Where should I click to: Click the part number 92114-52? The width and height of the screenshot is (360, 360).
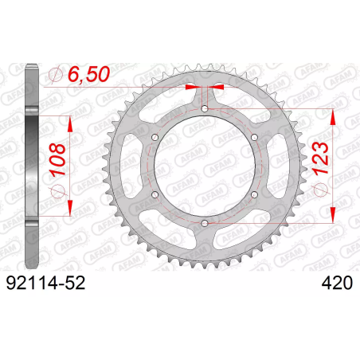(x=45, y=283)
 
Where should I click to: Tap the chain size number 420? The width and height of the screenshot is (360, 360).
(x=337, y=283)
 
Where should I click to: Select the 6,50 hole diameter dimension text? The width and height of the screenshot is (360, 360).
(x=88, y=74)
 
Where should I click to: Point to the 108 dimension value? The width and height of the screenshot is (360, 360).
(x=57, y=160)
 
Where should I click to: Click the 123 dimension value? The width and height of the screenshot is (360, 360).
(x=320, y=158)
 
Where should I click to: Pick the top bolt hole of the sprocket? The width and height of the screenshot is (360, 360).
(x=205, y=108)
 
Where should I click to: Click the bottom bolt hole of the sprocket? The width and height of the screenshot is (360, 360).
(x=205, y=223)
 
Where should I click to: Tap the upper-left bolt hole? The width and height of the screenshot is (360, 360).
(x=155, y=137)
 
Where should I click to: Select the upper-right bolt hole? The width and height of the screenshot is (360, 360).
(x=254, y=137)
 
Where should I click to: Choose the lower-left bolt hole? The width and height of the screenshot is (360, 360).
(x=155, y=195)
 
